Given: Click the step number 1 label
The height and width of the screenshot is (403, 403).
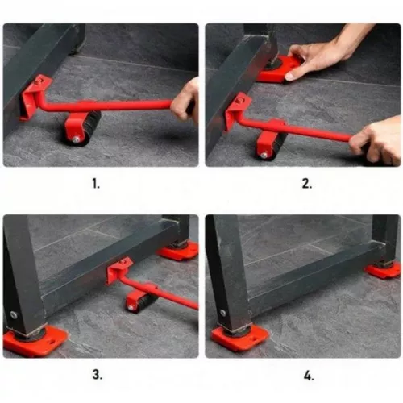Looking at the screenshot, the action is pos(96,184).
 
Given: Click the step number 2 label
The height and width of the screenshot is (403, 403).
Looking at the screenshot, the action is pos(307,184).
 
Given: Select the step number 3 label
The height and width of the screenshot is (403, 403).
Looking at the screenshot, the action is pos(98,374).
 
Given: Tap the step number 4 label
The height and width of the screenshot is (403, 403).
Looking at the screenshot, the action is pos(309,376).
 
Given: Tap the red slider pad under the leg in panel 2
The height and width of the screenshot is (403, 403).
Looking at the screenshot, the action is pos(280,69).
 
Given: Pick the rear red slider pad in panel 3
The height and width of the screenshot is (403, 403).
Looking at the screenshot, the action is pos(179,251).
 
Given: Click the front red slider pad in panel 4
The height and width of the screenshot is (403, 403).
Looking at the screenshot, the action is pos(239,337).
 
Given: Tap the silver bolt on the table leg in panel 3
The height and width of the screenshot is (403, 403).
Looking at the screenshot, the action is pos(13,314).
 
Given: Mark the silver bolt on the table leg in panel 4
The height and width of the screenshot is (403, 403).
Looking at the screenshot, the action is pos(222,313).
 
